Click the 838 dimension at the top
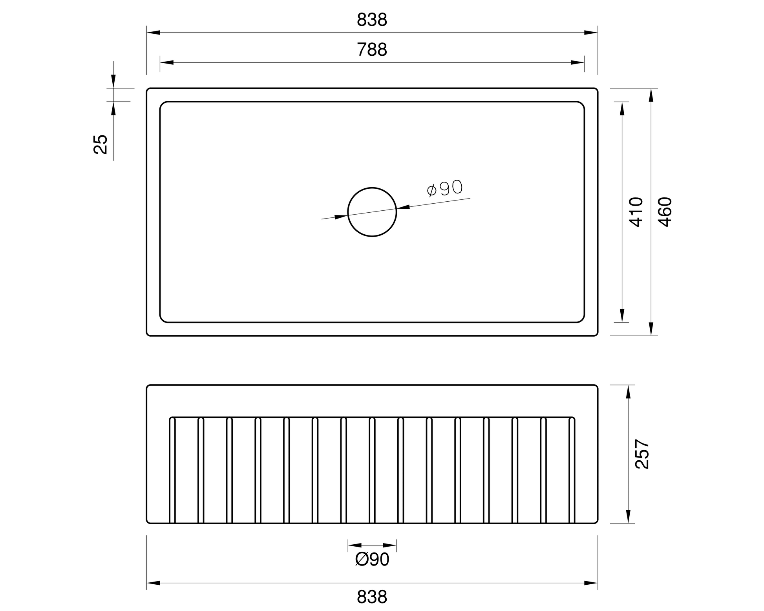pos(372,20)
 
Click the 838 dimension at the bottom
pos(372,597)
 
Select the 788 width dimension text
pos(372,50)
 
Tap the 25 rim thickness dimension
pos(101,144)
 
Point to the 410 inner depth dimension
pos(636,212)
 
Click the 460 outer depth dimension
pos(665,212)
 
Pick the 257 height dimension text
pos(642,454)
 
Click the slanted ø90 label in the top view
pos(445,188)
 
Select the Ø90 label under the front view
pos(372,559)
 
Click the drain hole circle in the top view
pos(348,212)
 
